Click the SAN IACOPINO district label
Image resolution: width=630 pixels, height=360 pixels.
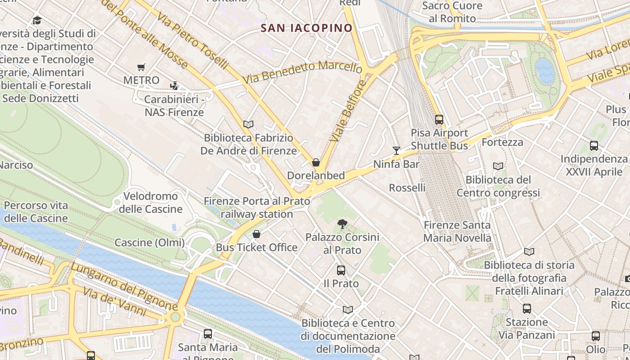click(x=306, y=28)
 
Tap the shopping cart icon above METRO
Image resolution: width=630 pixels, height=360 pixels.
click(x=141, y=67)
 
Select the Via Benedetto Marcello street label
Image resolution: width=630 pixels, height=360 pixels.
click(x=302, y=72)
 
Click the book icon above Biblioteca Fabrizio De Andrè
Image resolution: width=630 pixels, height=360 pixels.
click(x=248, y=124)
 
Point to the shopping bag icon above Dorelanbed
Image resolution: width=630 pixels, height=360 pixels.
click(x=316, y=162)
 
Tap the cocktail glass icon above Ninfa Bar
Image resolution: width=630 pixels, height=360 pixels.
click(x=396, y=151)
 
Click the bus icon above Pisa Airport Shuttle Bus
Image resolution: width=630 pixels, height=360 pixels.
click(x=439, y=120)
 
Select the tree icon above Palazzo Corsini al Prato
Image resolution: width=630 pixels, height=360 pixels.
click(x=342, y=224)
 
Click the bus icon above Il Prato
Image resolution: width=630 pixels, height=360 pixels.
click(x=341, y=270)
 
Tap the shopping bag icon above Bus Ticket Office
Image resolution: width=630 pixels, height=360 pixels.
click(x=256, y=234)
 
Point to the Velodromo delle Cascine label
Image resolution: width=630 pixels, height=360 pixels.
click(x=151, y=202)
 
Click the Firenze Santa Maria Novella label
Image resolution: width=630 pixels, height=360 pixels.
click(x=457, y=231)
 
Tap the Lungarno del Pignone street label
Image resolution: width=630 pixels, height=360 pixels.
click(x=124, y=287)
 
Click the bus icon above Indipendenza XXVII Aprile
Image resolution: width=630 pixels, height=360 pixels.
click(x=594, y=146)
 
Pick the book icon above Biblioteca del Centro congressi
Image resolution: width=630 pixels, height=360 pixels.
click(x=498, y=166)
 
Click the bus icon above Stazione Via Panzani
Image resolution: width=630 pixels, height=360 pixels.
click(x=526, y=309)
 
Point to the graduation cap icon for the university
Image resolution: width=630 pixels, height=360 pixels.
click(x=37, y=20)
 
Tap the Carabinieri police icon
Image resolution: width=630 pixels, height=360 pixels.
click(x=174, y=85)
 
